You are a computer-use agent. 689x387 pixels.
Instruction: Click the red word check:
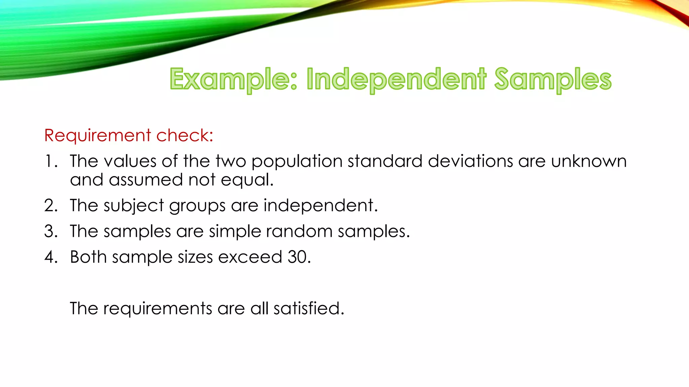click(x=185, y=136)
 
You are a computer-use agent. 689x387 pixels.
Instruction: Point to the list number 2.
click(x=51, y=206)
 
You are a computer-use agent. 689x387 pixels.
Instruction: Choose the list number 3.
click(x=51, y=231)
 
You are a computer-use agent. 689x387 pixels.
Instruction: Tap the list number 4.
click(x=51, y=257)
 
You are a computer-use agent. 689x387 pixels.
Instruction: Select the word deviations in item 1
click(x=470, y=161)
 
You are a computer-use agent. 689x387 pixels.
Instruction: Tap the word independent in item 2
click(x=320, y=206)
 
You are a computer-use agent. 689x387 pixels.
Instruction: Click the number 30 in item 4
click(x=299, y=257)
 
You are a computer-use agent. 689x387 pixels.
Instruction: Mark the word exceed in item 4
click(x=250, y=257)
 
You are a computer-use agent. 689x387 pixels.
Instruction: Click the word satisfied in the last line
click(x=309, y=308)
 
